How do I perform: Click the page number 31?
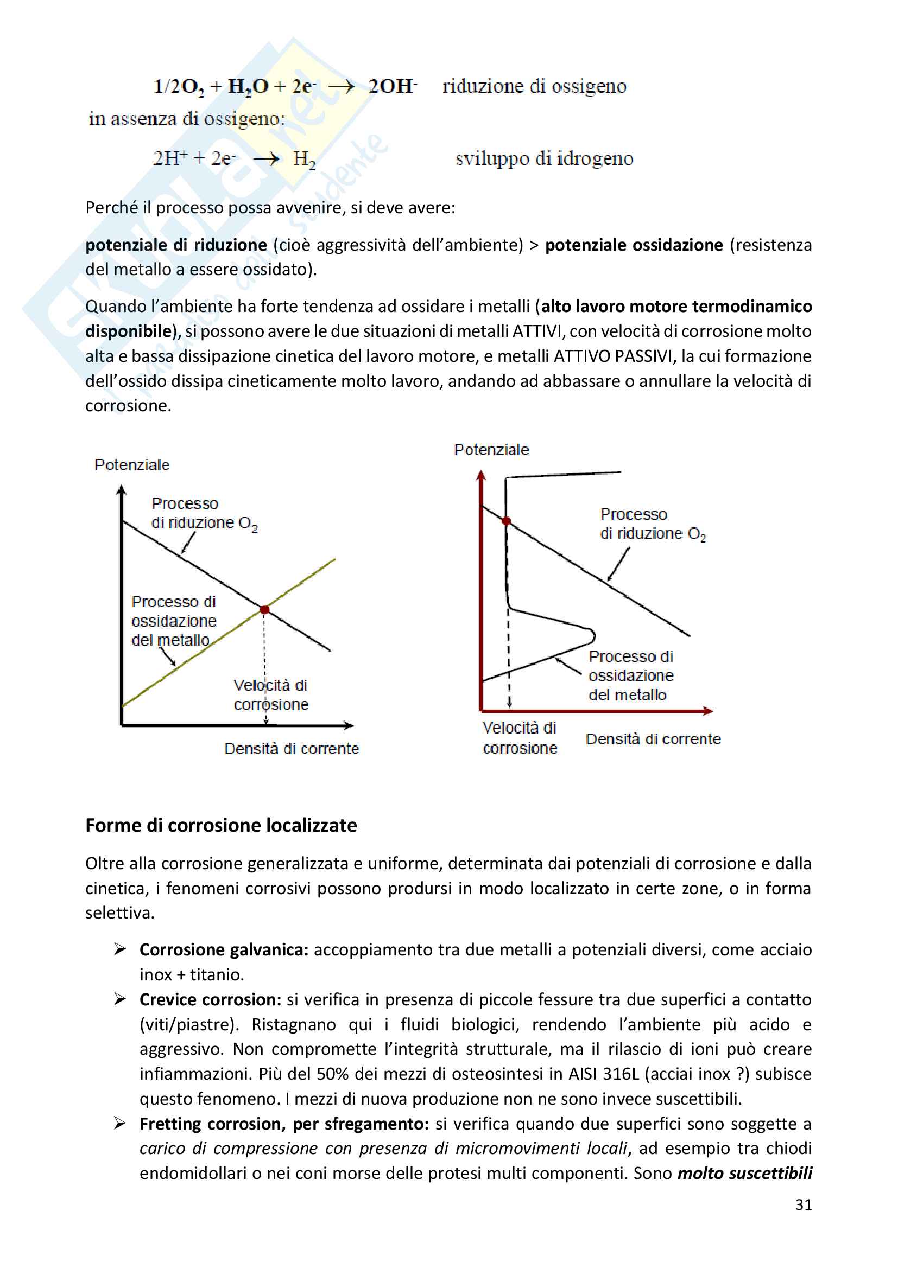(803, 1204)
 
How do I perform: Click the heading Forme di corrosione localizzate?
(221, 825)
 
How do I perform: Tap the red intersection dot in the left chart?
(265, 610)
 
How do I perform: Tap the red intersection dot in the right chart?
(506, 521)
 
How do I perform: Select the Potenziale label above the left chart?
(132, 465)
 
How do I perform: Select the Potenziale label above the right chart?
(491, 450)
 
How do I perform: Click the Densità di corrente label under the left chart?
(292, 748)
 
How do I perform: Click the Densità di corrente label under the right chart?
(653, 739)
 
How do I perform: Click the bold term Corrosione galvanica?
(224, 949)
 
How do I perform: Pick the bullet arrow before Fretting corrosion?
(119, 1123)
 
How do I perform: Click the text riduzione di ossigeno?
(534, 86)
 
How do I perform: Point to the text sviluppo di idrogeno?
(544, 158)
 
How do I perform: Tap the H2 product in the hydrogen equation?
(303, 159)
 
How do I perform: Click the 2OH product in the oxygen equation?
(393, 86)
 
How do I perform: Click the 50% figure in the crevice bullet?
(332, 1074)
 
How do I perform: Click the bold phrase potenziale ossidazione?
(634, 245)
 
